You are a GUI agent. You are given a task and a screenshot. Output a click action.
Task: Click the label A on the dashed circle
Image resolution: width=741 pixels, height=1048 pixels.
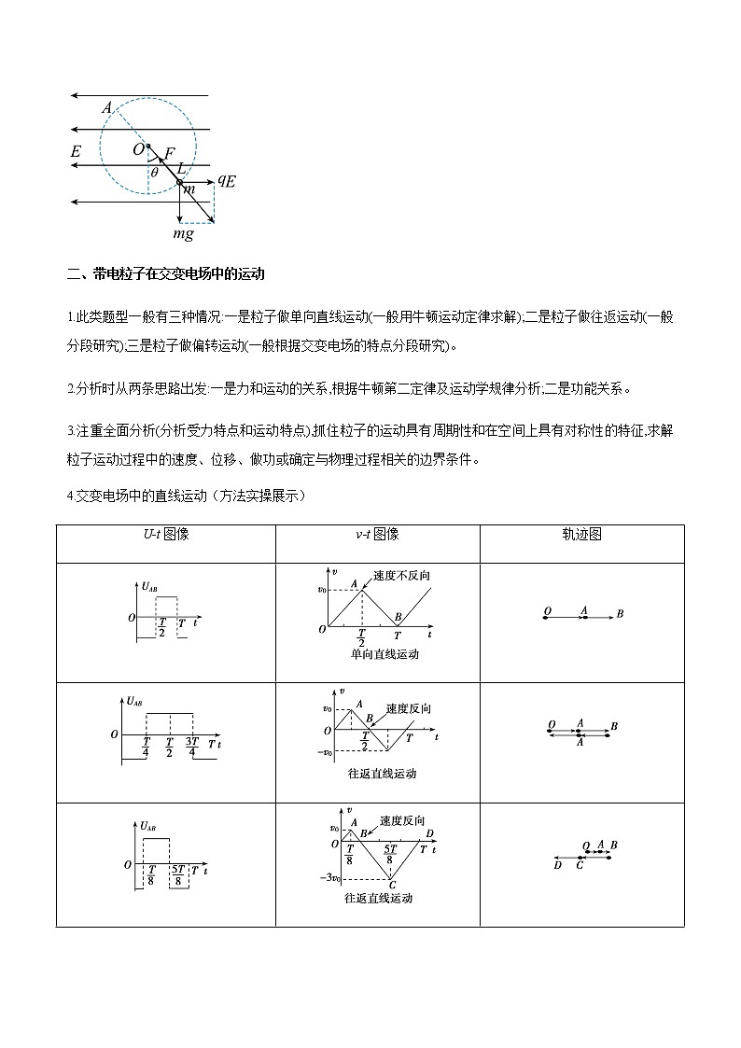(107, 109)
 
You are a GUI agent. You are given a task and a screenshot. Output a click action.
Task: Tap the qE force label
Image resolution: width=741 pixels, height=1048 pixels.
(226, 181)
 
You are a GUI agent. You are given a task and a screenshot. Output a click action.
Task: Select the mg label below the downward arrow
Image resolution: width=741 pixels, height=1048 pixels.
(184, 234)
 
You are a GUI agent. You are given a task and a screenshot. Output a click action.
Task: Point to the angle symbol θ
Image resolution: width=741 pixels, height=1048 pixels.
(154, 172)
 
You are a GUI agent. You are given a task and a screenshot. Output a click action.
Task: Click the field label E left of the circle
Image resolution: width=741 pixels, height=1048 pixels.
(75, 151)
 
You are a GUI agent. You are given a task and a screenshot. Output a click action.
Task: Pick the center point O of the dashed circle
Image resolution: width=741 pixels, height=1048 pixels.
(147, 146)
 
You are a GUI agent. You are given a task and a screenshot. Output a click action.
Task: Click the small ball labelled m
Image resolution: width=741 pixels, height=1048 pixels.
(181, 182)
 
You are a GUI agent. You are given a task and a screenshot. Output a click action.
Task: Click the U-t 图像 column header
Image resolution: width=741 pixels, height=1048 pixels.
(165, 534)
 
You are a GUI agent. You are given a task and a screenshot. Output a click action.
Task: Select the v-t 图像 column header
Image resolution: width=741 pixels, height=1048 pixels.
(377, 534)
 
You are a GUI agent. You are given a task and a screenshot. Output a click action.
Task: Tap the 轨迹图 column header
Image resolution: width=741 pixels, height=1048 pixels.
(581, 534)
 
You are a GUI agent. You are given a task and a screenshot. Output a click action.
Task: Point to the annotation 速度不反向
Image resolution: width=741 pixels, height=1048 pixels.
(400, 575)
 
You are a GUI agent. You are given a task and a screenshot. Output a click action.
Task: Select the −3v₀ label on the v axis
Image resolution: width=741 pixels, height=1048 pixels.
(329, 878)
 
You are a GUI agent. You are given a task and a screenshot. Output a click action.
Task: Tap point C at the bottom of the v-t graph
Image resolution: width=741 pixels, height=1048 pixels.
(393, 884)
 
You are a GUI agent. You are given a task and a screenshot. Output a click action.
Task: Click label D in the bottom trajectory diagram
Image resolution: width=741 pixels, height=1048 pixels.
(557, 865)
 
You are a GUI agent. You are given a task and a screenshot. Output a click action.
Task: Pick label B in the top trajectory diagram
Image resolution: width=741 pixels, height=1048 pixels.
(620, 614)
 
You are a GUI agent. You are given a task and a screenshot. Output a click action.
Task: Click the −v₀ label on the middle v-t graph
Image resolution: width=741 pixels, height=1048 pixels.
(326, 752)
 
